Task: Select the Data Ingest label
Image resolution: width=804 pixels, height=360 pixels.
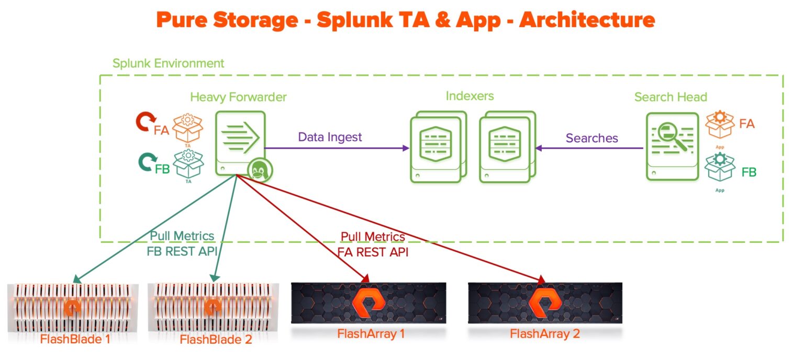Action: pos(330,137)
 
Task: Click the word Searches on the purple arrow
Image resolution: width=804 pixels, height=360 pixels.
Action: pos(591,138)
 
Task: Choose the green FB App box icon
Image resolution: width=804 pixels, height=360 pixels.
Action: pos(720,167)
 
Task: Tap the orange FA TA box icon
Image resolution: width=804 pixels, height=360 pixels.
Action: pos(187,128)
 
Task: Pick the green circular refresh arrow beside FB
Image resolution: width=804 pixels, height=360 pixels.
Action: pos(146,161)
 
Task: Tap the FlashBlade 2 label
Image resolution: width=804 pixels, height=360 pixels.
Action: pos(215,339)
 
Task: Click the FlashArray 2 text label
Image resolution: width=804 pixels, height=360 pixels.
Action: pos(544,333)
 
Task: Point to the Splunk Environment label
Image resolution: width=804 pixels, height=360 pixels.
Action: pos(168,63)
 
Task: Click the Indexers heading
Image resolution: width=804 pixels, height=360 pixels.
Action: pos(470,96)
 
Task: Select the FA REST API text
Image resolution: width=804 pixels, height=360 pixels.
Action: pos(372,252)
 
